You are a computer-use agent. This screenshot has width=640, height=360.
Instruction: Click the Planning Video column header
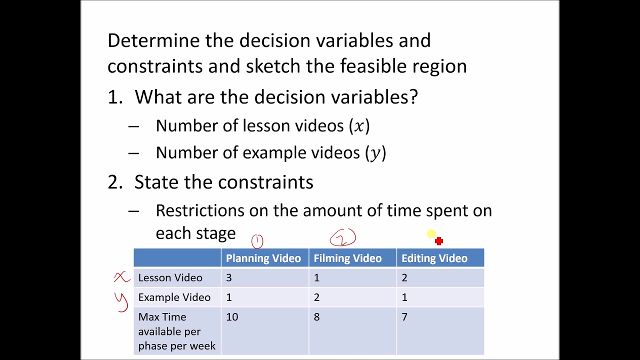coord(263,258)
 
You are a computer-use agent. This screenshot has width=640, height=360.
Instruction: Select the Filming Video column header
coord(347,258)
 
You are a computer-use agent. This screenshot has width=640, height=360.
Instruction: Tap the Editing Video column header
coord(434,258)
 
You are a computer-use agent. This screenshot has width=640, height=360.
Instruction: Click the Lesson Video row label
coord(170,278)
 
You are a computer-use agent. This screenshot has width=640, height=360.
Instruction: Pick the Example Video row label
coord(174,297)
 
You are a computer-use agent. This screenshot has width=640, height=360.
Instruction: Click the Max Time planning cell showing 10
coord(232,317)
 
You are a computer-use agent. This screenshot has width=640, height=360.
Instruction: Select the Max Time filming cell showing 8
coord(316,317)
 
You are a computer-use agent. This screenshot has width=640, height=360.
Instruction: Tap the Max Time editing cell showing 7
coord(404,317)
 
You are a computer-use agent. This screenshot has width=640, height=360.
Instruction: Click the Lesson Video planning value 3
coord(229,278)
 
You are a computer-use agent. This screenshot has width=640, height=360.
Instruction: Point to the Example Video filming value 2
coord(316,297)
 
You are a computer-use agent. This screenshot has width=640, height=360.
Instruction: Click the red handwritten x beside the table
coord(121,277)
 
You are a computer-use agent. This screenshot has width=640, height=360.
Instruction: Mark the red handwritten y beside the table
coord(121,301)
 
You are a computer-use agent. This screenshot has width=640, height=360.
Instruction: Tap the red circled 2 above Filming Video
coord(342,238)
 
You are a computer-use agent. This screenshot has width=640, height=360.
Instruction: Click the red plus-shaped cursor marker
coord(438,241)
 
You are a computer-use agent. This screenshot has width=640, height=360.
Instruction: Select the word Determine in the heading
coord(153,40)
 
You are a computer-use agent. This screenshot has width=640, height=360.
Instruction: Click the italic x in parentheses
coord(359,126)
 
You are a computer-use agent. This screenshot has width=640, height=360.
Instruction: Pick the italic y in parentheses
coord(375,153)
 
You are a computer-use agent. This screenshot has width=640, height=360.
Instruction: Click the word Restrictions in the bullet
coord(199,210)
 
